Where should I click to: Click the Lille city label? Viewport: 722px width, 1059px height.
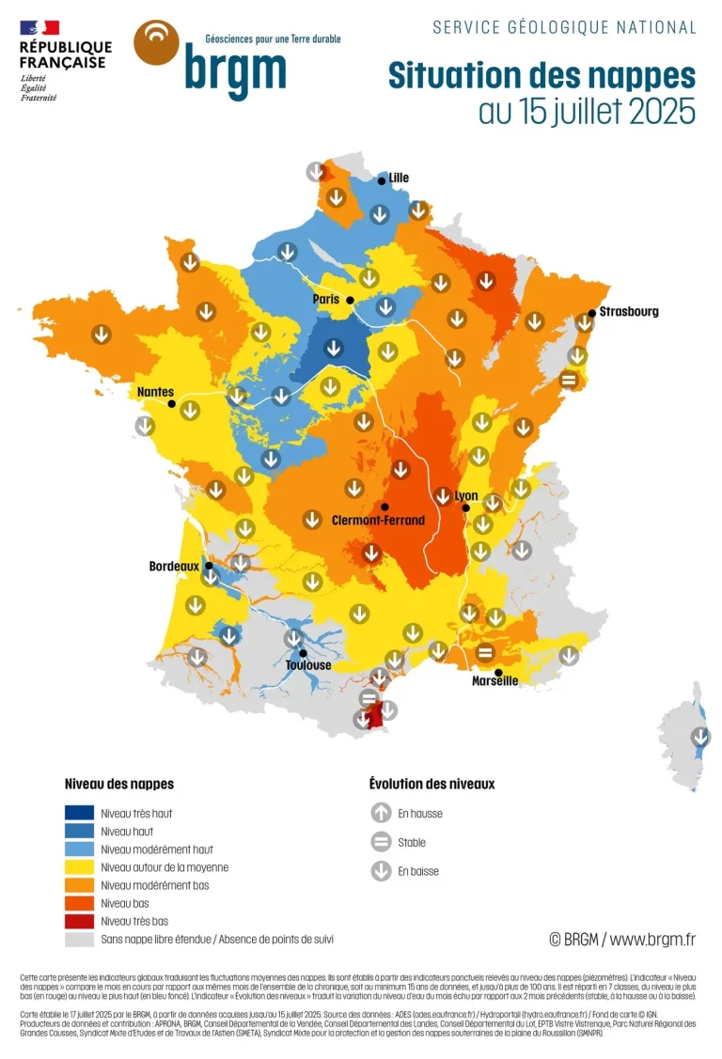(399, 178)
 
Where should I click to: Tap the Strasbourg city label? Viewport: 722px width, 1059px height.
(629, 311)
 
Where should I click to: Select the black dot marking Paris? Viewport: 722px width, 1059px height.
(349, 301)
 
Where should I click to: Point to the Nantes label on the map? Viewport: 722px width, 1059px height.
(155, 391)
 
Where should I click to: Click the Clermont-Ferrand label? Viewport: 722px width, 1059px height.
(378, 520)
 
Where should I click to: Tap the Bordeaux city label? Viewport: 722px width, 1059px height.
(174, 567)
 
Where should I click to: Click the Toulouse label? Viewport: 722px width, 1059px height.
(308, 665)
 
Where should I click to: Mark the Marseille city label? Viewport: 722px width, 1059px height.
(494, 681)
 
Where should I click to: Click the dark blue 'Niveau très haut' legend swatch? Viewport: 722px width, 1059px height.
(79, 814)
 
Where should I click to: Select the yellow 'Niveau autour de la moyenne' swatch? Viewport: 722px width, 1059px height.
(79, 867)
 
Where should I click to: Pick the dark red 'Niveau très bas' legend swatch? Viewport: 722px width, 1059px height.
(79, 921)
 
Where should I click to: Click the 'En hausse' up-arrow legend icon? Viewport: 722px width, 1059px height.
(381, 814)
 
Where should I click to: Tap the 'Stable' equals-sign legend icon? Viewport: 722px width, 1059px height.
(381, 843)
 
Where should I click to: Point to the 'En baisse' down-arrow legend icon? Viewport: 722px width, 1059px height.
(381, 871)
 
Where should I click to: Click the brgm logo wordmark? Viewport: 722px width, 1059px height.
(234, 70)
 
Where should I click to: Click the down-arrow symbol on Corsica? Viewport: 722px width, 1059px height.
(699, 737)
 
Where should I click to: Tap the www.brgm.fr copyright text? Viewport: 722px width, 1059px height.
(622, 939)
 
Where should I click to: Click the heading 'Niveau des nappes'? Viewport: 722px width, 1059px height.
(118, 784)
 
